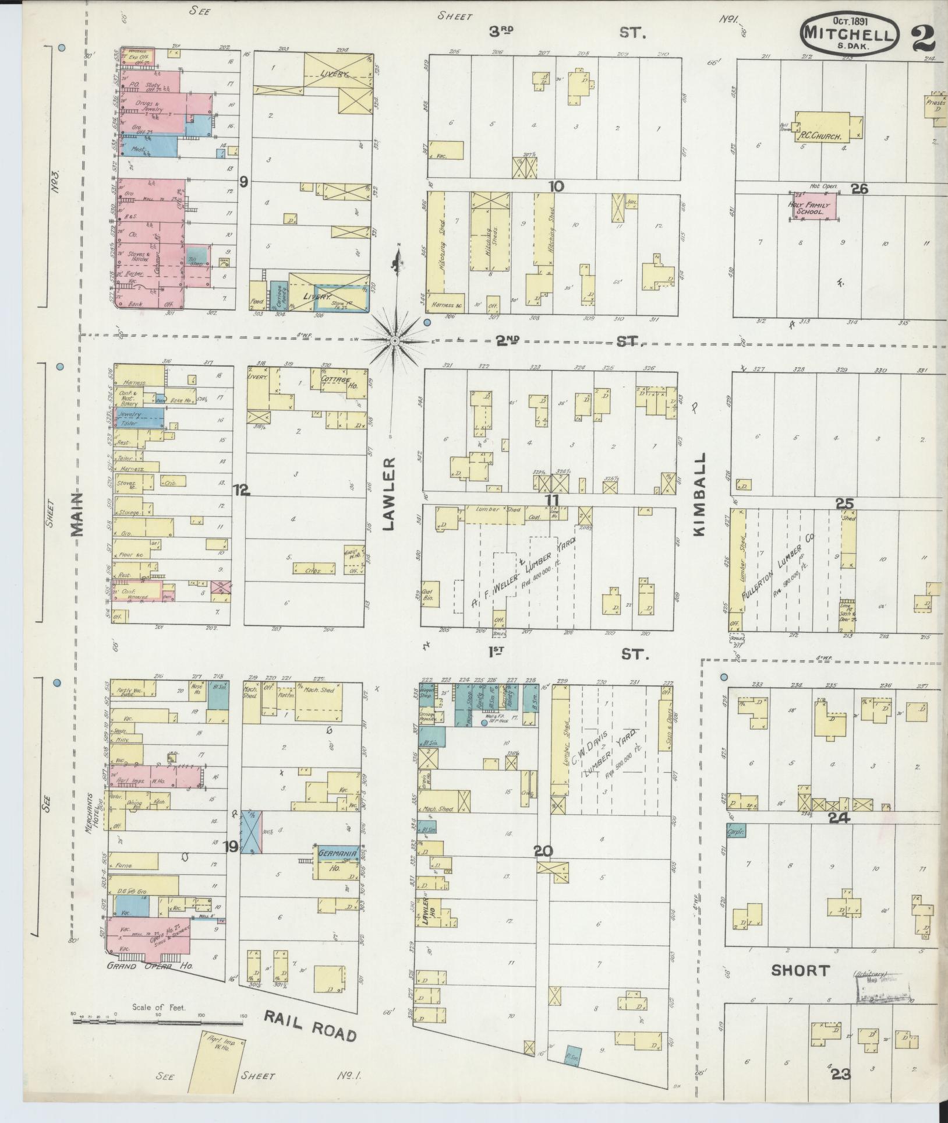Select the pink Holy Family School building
click(813, 206)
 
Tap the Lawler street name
click(389, 493)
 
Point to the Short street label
click(800, 970)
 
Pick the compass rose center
click(394, 341)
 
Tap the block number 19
click(231, 846)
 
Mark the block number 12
click(241, 491)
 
